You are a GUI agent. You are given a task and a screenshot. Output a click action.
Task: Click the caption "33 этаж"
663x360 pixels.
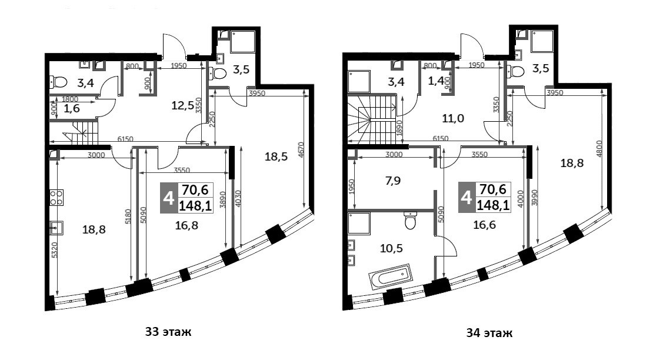pos(168,332)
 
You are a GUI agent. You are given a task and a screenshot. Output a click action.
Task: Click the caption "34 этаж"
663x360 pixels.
pos(489,334)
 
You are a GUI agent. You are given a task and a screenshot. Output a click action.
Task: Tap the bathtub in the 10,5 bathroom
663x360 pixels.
pos(390,277)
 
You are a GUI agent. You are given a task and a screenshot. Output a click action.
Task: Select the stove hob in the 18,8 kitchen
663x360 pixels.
pos(56,197)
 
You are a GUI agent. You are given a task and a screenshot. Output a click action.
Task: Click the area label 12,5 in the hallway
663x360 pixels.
pos(182,105)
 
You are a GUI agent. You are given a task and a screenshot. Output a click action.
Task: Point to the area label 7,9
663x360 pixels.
pos(393,181)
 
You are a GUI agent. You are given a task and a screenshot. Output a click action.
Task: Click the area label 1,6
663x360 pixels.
pos(71,109)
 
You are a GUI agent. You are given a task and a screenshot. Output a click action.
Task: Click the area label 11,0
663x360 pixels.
pos(453,118)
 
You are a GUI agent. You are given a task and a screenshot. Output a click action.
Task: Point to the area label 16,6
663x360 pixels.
pos(485,225)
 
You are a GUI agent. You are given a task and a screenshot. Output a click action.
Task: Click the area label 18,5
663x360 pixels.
pos(276,157)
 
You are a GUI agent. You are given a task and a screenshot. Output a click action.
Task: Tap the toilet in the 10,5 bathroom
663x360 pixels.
pos(410,220)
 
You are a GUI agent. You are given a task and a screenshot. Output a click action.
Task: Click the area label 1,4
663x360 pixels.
pos(437,81)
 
